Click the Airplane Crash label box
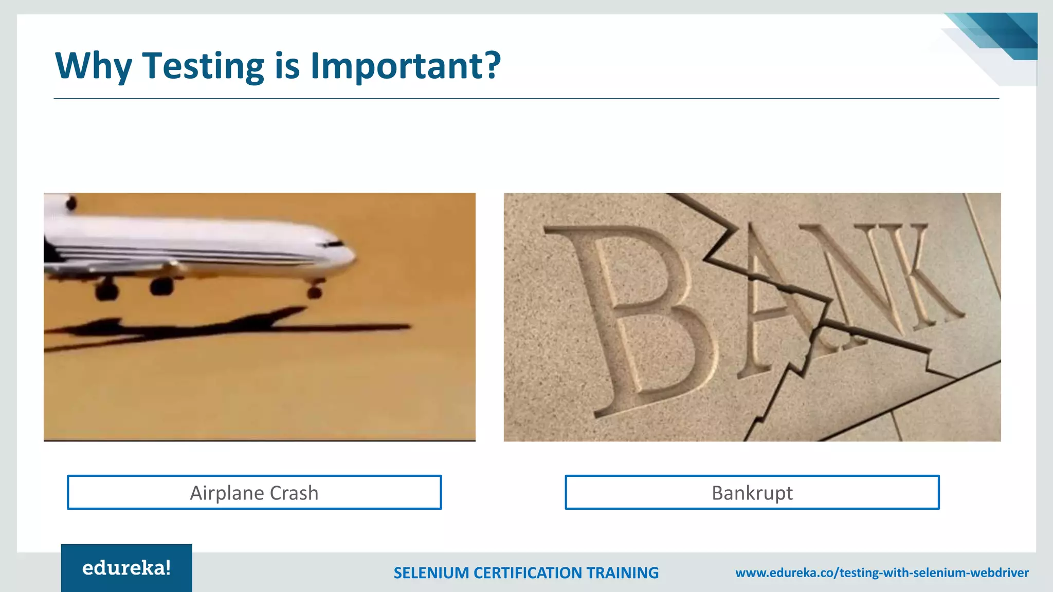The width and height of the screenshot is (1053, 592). pyautogui.click(x=254, y=492)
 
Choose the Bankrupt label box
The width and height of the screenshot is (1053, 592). pyautogui.click(x=752, y=492)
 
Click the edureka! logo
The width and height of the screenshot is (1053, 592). pyautogui.click(x=126, y=568)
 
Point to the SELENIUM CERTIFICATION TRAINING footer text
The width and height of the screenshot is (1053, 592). pyautogui.click(x=525, y=572)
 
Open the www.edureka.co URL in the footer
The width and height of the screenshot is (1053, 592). pyautogui.click(x=882, y=572)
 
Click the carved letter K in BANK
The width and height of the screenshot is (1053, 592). pyautogui.click(x=920, y=277)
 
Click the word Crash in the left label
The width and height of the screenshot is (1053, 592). pyautogui.click(x=294, y=492)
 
